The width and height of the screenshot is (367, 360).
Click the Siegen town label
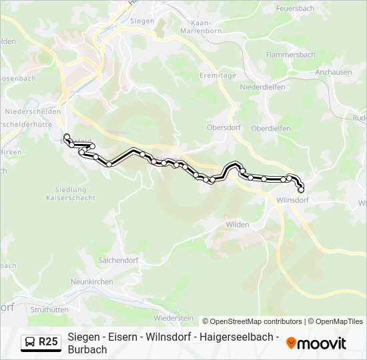click(x=142, y=21)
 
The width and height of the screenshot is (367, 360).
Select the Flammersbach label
click(x=290, y=55)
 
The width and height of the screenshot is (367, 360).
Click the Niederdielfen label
click(x=262, y=87)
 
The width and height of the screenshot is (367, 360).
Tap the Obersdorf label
click(x=223, y=128)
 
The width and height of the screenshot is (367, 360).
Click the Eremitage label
click(x=218, y=76)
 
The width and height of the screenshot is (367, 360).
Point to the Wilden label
click(x=238, y=225)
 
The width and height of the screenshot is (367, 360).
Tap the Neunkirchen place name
click(x=91, y=282)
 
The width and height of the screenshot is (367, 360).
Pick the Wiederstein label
click(x=173, y=318)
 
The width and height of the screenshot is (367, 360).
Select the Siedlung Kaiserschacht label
click(x=66, y=194)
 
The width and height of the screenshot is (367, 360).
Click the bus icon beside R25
click(x=30, y=342)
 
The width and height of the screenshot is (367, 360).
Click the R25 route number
click(x=49, y=342)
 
